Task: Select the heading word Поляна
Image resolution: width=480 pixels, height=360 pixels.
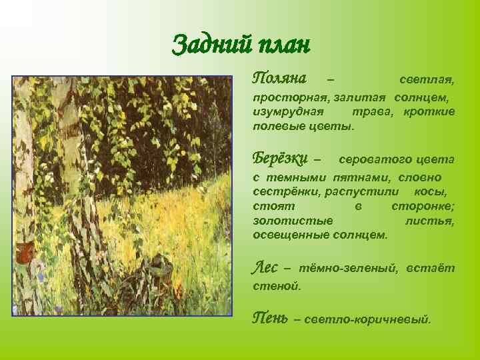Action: (279, 79)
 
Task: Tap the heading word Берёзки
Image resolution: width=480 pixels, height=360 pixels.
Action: (281, 159)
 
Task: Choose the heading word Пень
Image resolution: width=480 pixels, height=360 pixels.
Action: (270, 318)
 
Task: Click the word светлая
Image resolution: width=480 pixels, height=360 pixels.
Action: (427, 81)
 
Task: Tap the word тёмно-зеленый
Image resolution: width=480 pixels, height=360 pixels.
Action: (347, 269)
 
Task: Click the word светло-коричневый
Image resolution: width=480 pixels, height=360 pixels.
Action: (367, 320)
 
